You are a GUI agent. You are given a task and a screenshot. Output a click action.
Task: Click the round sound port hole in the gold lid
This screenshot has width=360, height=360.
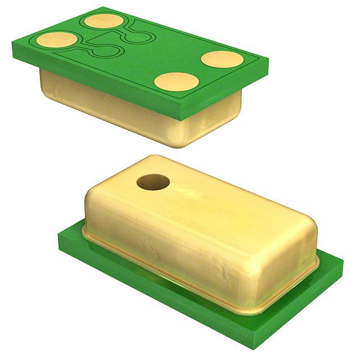coord(153,183)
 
